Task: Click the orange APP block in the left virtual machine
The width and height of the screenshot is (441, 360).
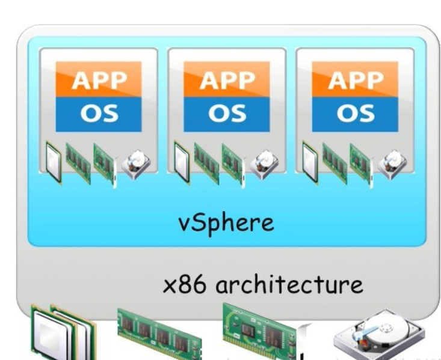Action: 98,79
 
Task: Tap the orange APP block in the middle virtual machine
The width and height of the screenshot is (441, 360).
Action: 226,79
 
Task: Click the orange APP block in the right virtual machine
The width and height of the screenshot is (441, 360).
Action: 355,79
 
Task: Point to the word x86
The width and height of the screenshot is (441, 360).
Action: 188,283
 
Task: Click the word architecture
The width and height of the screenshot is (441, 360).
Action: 290,283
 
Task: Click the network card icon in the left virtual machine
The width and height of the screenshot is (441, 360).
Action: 103,160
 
